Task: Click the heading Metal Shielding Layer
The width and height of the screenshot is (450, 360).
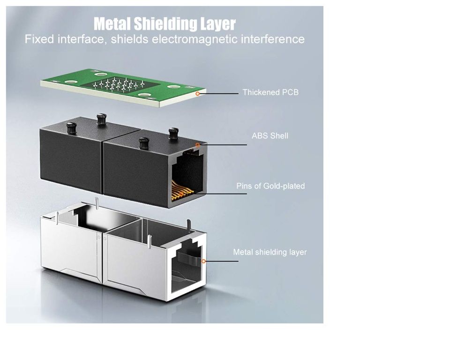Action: pyautogui.click(x=165, y=23)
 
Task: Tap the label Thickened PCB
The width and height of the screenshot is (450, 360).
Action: pyautogui.click(x=270, y=92)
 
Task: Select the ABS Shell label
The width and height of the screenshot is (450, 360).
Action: pyautogui.click(x=270, y=136)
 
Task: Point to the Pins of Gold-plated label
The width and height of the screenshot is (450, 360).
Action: pyautogui.click(x=270, y=186)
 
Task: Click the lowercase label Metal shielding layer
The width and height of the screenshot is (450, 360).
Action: pyautogui.click(x=270, y=252)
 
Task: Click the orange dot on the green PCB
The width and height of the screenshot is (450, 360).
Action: pyautogui.click(x=198, y=94)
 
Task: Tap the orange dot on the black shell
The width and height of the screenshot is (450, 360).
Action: pyautogui.click(x=198, y=145)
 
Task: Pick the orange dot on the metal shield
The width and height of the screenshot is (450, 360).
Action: pyautogui.click(x=203, y=261)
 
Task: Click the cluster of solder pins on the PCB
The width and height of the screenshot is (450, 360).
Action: pyautogui.click(x=120, y=85)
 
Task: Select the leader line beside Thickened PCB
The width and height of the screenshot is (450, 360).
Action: pyautogui.click(x=219, y=94)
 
